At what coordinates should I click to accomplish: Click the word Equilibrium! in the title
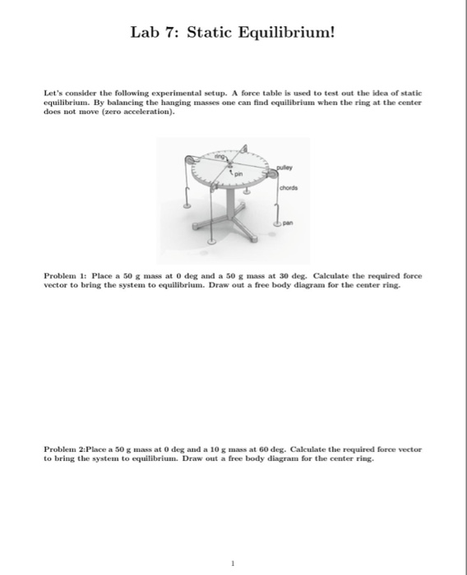click(x=284, y=33)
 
